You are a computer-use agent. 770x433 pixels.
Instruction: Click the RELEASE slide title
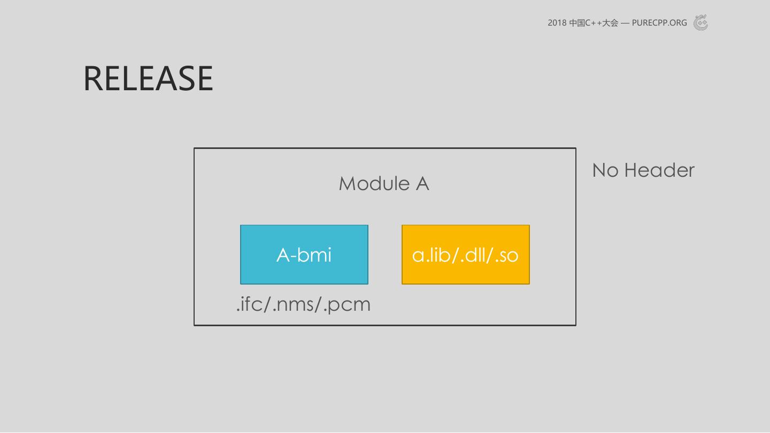tap(148, 78)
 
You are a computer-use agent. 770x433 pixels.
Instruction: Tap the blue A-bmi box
tap(304, 255)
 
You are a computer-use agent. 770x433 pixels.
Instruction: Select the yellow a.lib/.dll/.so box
tap(466, 255)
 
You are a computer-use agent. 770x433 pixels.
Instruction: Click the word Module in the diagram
tap(374, 184)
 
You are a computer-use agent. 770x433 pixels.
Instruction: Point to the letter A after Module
tap(422, 184)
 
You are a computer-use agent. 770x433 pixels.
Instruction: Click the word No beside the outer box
tap(605, 170)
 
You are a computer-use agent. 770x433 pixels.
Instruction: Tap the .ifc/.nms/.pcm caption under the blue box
tap(304, 304)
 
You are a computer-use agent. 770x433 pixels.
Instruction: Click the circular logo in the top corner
tap(700, 22)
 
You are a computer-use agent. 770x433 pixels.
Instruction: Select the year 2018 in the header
tap(557, 23)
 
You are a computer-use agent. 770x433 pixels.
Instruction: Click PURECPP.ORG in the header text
tap(659, 23)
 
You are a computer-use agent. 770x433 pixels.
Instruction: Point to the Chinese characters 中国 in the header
tap(577, 23)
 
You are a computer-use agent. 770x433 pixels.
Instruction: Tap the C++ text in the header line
tap(594, 23)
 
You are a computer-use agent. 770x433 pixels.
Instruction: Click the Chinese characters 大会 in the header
tap(610, 23)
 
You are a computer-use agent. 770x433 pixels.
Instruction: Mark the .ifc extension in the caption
tap(251, 304)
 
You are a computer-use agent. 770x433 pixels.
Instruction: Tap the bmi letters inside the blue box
tap(314, 255)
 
